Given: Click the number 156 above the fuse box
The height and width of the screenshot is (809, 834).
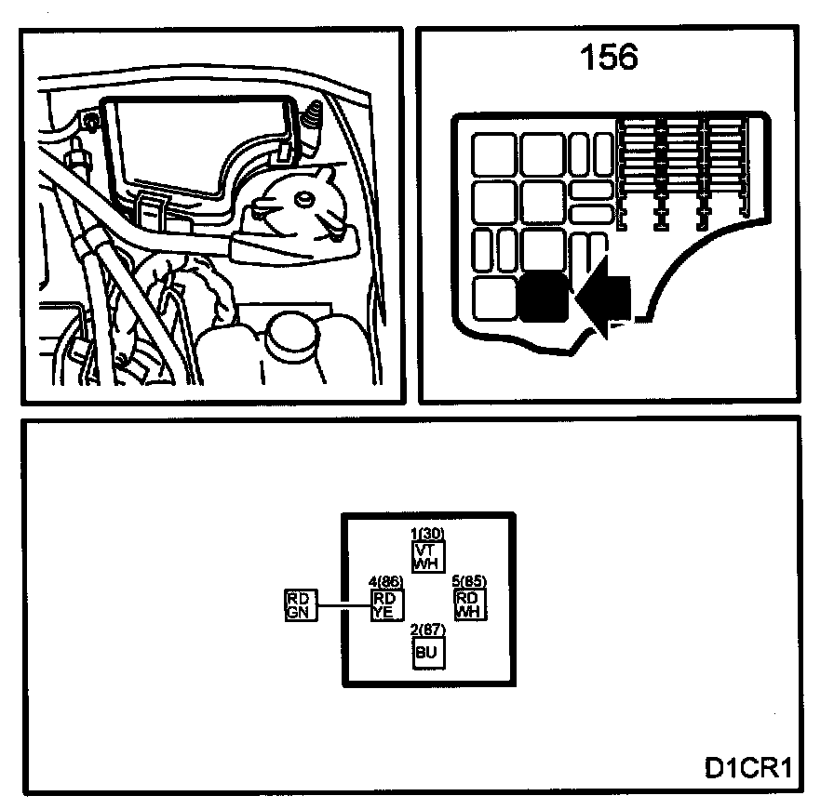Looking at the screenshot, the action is point(610,58).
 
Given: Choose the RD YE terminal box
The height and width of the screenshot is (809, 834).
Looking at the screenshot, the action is point(385,604).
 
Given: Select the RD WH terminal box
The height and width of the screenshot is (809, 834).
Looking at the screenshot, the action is point(469,604).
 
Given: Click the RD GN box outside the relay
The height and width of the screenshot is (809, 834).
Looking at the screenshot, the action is point(300,604).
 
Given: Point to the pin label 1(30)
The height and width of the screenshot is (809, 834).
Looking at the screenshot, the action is point(427,533).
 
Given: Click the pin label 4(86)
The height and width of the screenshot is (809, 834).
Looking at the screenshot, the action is point(386,582).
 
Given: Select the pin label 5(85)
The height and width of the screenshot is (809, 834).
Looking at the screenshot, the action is point(469,582).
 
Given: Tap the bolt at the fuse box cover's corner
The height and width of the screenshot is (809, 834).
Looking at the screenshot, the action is point(90,122).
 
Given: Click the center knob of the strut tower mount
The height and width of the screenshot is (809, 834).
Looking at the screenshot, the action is point(301,199).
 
